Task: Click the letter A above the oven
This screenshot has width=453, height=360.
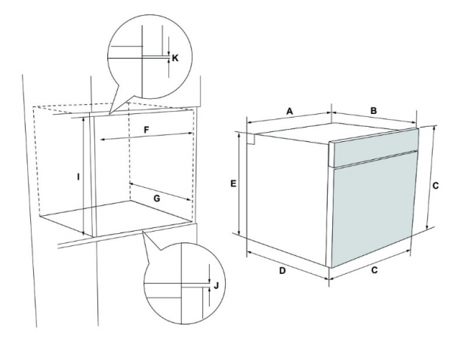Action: [x=289, y=111]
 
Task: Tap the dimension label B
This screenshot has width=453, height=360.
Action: [x=374, y=111]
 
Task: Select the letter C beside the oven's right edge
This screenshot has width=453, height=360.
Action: [x=436, y=186]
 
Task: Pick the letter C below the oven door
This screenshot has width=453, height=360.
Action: [x=374, y=270]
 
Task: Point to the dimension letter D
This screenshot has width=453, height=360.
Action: [x=282, y=271]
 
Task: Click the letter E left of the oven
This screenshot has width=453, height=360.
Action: [x=233, y=183]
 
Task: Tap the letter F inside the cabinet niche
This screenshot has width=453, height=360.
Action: [x=146, y=130]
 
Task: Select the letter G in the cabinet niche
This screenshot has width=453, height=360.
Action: [x=156, y=198]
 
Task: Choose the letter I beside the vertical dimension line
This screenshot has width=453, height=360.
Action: [x=78, y=177]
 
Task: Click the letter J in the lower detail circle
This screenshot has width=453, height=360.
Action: [x=216, y=286]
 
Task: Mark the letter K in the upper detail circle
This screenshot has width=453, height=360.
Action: [x=175, y=58]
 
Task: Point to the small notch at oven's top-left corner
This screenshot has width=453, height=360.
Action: [x=251, y=139]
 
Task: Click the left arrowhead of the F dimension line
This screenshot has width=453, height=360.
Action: [x=102, y=140]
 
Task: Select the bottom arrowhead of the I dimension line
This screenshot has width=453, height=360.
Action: [x=83, y=233]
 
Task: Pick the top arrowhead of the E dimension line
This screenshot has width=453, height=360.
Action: [x=239, y=135]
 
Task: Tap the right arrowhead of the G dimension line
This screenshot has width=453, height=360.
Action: [x=190, y=199]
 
